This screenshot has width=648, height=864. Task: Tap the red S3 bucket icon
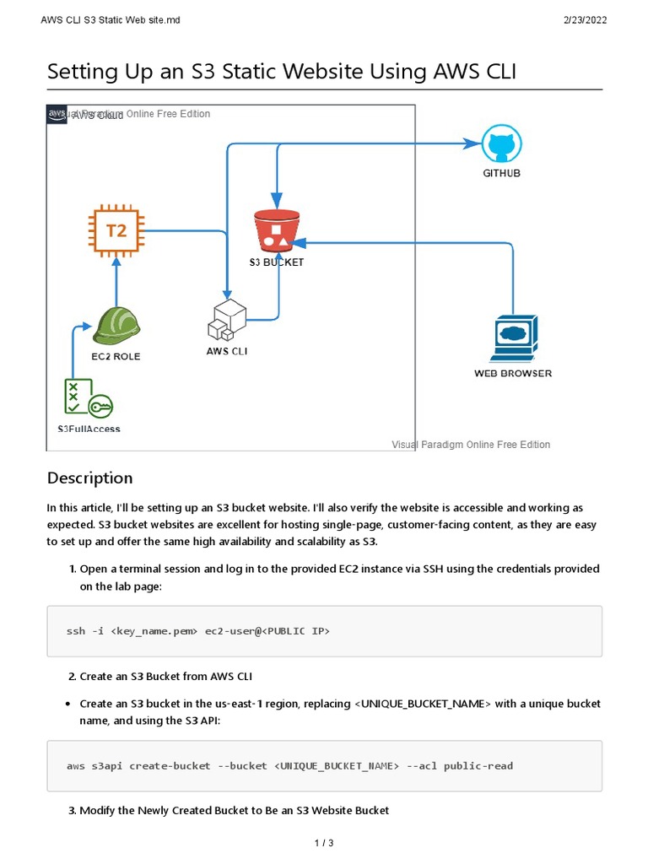[x=277, y=229]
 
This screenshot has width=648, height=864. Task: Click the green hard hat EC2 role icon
[x=116, y=327]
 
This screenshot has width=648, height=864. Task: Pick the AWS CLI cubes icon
[x=227, y=321]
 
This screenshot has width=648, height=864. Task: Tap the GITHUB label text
[x=501, y=173]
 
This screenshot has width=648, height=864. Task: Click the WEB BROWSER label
[x=513, y=373]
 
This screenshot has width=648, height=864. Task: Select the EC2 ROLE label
[x=116, y=356]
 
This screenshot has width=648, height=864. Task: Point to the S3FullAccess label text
[x=89, y=429]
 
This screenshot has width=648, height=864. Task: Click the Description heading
[x=90, y=478]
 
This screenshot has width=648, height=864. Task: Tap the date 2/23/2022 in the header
[x=583, y=20]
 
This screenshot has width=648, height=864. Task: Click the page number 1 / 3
[x=324, y=843]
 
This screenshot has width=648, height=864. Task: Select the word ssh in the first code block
[x=75, y=631]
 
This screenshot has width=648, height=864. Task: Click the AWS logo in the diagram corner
[x=57, y=114]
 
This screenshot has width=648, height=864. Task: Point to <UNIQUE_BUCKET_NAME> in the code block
[x=336, y=766]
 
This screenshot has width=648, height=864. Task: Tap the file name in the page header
[x=111, y=20]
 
